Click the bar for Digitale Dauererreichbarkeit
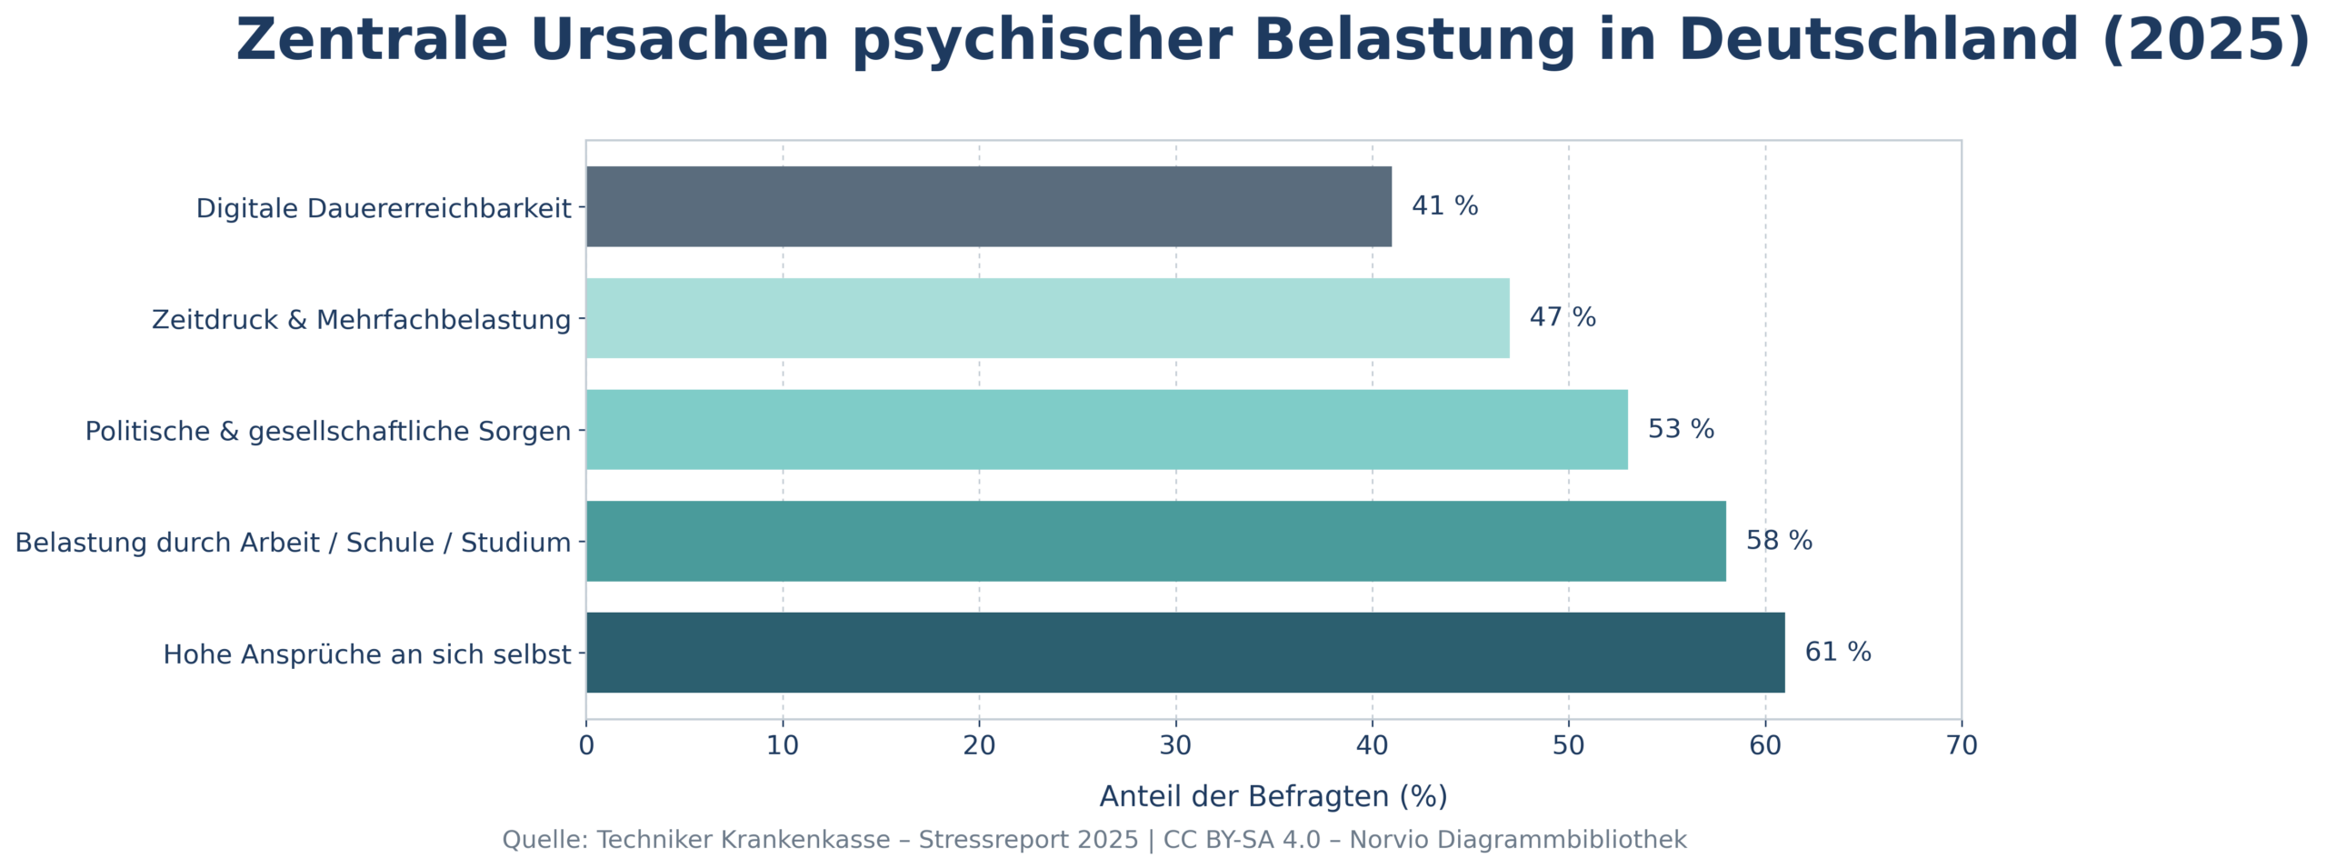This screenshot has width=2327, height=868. (x=988, y=206)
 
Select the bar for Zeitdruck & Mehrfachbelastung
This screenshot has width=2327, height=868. (x=1047, y=318)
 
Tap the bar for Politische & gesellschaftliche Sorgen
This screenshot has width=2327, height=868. (x=1106, y=429)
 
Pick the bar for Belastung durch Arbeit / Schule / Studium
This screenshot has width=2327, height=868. (x=1155, y=541)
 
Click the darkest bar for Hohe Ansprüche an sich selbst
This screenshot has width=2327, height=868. (x=1184, y=653)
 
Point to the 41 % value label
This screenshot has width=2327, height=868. (x=1443, y=206)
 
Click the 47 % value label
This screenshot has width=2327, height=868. (x=1562, y=317)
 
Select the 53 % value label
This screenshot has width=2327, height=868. (x=1680, y=429)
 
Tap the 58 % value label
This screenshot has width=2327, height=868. (x=1778, y=541)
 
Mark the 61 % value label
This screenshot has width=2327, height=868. (x=1837, y=653)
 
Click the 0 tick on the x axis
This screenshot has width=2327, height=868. (x=586, y=746)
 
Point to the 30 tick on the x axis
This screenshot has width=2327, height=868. (x=1175, y=746)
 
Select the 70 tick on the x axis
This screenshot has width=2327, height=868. (x=1962, y=746)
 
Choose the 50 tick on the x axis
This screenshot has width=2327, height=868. (x=1568, y=746)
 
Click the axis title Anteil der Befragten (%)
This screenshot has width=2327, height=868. (x=1273, y=797)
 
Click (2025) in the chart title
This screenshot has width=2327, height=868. (x=2205, y=41)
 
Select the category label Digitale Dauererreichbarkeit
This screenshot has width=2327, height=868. (x=384, y=209)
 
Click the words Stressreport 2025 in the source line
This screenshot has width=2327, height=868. (x=1028, y=840)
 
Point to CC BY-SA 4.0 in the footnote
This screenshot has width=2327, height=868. (x=1242, y=840)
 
